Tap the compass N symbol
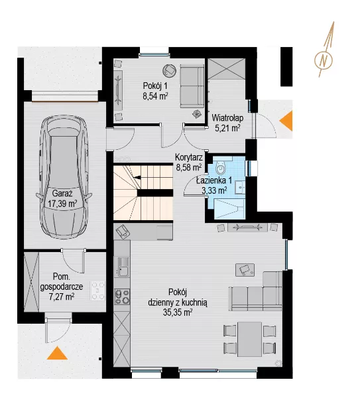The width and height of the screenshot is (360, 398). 324,60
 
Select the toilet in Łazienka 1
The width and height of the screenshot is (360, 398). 220,166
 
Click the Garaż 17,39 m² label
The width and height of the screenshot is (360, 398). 62,198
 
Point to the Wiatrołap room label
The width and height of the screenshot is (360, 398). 227,118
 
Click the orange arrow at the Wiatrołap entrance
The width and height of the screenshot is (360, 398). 286,121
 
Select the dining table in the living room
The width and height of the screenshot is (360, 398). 250,339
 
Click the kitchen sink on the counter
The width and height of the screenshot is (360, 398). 121,267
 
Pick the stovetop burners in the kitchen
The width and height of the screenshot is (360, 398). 122,297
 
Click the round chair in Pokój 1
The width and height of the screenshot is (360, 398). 170,70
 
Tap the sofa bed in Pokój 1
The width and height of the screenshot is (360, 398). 192,86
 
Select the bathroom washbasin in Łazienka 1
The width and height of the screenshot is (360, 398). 239,187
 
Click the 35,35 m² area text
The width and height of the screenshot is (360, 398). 177,312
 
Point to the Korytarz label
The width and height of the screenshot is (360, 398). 189,158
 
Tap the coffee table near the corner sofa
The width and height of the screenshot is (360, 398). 245,270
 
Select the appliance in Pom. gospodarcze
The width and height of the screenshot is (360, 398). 97,291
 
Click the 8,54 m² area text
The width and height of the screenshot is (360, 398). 156,96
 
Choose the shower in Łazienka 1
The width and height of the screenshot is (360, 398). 229,209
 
